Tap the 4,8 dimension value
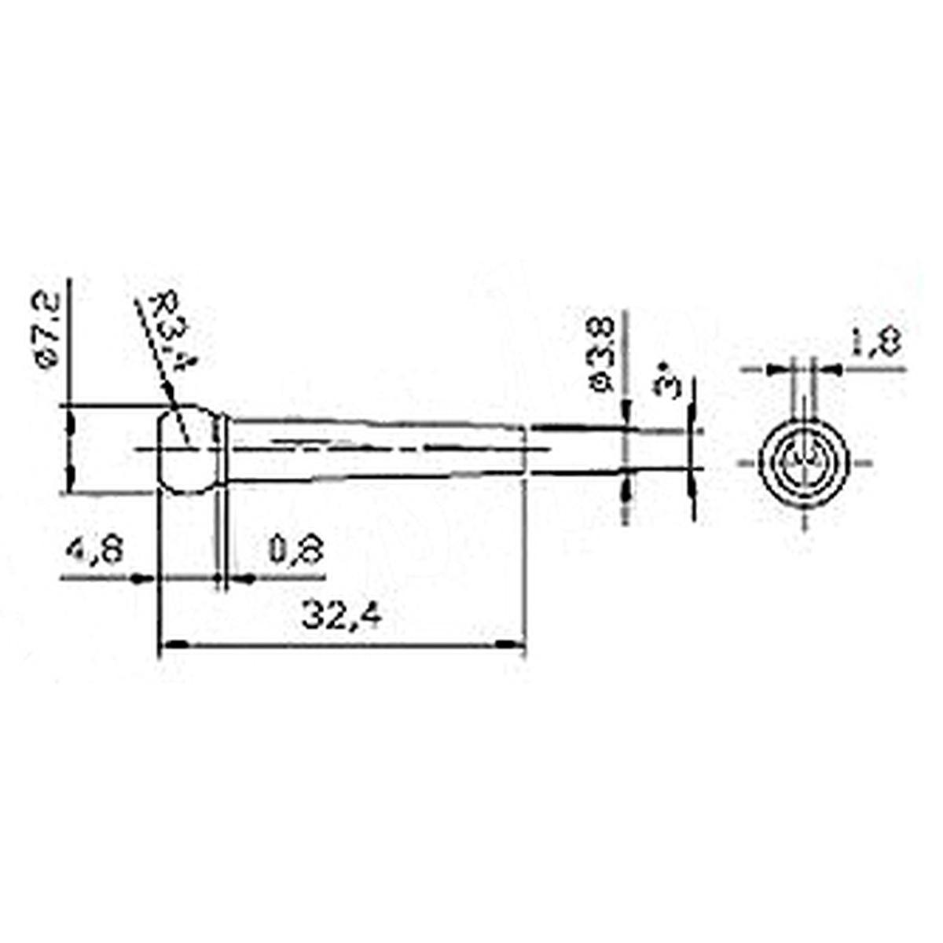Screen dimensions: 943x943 coord(94,549)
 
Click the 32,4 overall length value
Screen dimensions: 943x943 coord(341,618)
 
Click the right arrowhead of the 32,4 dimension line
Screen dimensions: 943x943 coord(511,644)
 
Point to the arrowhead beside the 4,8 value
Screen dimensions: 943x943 coord(142,579)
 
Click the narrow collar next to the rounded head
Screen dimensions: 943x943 coord(222,452)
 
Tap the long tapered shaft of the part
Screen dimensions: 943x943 coord(377,449)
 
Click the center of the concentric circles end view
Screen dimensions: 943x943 coord(804,462)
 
